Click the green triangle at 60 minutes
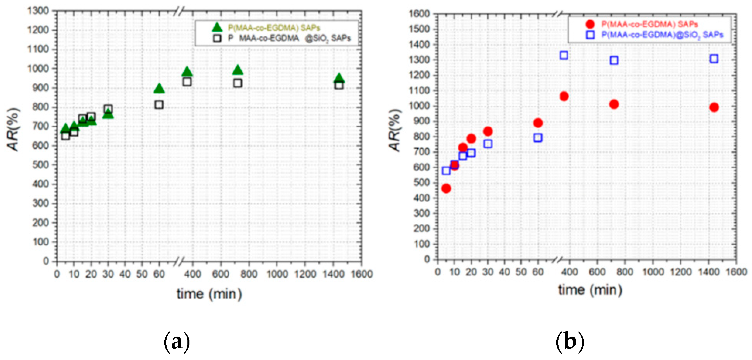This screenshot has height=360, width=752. [x=159, y=88]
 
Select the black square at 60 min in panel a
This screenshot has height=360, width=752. [x=159, y=104]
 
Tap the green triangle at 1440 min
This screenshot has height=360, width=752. [x=339, y=78]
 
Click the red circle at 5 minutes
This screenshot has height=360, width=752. [x=446, y=188]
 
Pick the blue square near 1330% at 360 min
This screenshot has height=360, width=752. [x=564, y=55]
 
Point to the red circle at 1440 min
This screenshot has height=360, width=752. [x=714, y=107]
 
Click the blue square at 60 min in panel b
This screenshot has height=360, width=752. [x=538, y=137]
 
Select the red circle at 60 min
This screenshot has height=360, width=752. [x=538, y=123]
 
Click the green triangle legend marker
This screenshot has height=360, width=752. [x=217, y=27]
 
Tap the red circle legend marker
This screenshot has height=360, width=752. [x=590, y=24]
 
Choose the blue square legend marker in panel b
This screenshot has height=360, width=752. [x=590, y=35]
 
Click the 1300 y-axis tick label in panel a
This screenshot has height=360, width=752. [x=38, y=11]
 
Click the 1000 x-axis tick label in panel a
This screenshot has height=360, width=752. [x=277, y=274]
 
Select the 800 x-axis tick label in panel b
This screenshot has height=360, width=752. [x=624, y=272]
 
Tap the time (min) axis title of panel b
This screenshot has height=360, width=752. [x=590, y=290]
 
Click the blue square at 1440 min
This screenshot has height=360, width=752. [x=714, y=59]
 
